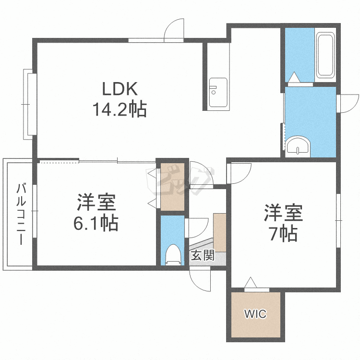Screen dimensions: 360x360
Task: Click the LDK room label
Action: [x=120, y=89]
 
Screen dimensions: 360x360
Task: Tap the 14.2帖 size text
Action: [x=120, y=110]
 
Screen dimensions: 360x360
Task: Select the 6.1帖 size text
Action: [x=96, y=224]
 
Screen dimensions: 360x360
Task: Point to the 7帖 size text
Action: [x=283, y=233]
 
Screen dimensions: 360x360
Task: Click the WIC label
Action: [x=255, y=314]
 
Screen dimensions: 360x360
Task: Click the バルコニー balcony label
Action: [x=21, y=214]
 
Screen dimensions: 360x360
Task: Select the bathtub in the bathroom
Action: [x=325, y=56]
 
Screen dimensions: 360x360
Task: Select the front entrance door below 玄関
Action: [x=200, y=279]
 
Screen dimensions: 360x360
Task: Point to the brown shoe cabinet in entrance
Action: [x=220, y=232]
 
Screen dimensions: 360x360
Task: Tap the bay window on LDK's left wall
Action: [x=29, y=104]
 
